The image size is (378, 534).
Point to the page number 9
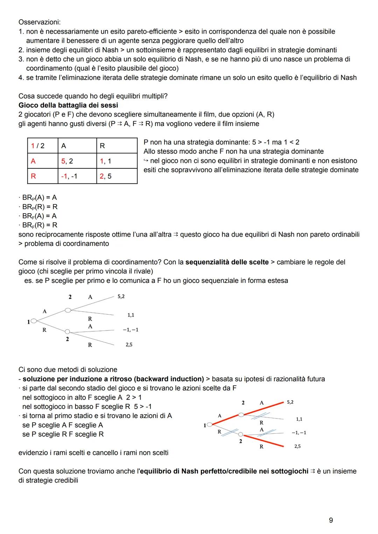[331, 520]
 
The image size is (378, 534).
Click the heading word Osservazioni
[39, 22]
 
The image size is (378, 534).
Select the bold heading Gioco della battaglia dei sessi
[68, 105]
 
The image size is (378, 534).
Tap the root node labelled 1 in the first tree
[34, 320]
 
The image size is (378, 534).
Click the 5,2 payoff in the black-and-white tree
[121, 297]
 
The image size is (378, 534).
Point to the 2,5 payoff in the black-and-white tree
[129, 345]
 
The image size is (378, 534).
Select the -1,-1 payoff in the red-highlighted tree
[299, 433]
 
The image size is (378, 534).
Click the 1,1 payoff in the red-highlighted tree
[299, 419]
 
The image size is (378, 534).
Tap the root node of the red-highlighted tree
[209, 425]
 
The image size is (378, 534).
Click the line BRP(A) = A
[39, 197]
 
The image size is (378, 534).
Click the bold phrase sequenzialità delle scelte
[227, 262]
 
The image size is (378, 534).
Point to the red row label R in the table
[33, 176]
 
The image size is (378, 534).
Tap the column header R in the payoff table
[102, 146]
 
